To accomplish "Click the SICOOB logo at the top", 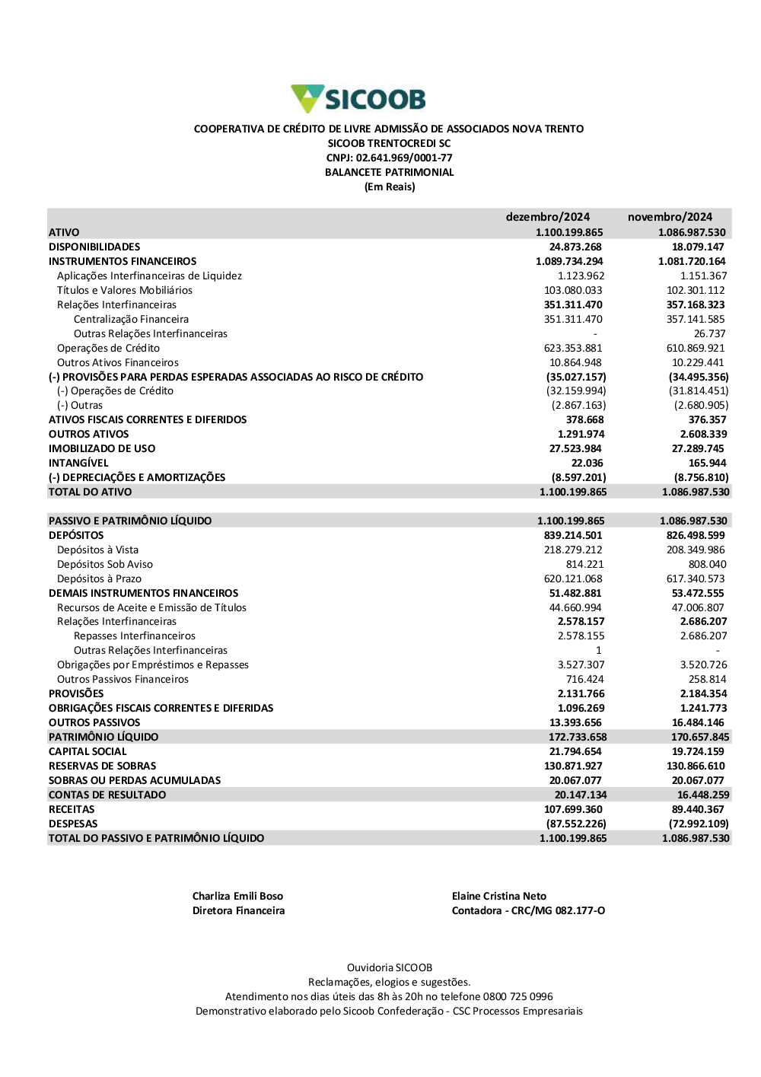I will coord(358,99).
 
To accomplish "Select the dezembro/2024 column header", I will coord(547,217).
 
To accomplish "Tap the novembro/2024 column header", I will coord(670,217).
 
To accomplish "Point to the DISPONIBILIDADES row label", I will coord(94,247).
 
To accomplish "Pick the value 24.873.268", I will coord(575,247).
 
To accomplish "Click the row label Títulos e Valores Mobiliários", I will coord(125,290).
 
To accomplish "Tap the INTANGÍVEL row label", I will coord(78,463).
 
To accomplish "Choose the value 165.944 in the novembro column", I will coord(707,463).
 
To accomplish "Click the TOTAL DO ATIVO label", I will coord(90,492).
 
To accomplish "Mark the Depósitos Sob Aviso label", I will coord(105,564).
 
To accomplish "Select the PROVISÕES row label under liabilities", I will coord(76,693).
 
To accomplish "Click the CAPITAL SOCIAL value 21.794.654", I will coord(575,751).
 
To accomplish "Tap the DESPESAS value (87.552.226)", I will coord(576,824).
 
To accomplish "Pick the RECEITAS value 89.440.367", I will coord(698,809).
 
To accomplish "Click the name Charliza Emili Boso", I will coord(237,896).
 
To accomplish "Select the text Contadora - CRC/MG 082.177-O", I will coord(528,910).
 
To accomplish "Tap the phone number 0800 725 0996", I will coord(517,996).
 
